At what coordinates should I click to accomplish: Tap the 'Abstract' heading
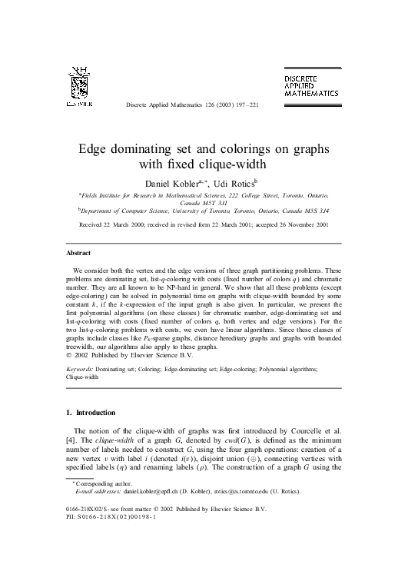[78, 252]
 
